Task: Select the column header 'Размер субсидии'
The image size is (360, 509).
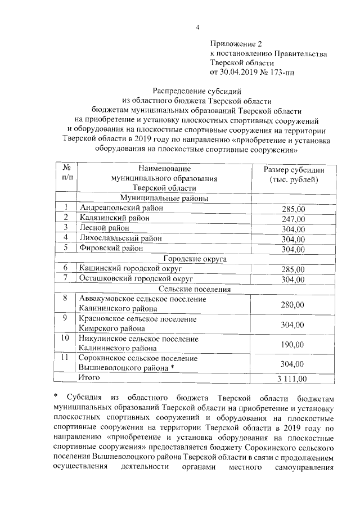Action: coord(293,169)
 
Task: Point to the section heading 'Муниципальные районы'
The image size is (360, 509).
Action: coord(163,198)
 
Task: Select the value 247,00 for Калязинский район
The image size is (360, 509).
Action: coord(293,219)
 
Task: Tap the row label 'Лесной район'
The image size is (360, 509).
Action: coord(105,228)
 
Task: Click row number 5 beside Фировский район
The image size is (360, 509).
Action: coord(66,247)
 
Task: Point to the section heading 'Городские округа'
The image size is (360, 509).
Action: coord(195,259)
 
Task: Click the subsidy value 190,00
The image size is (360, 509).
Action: coord(293,344)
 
